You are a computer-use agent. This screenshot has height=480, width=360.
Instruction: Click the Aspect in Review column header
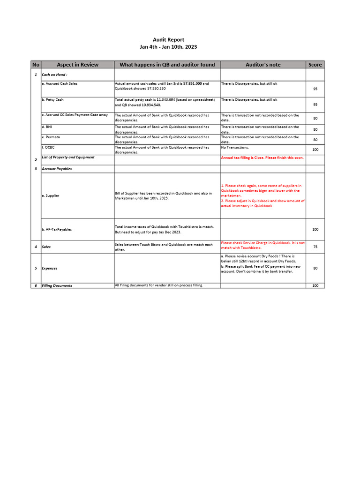pos(77,65)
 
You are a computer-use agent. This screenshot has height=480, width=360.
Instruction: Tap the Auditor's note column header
pos(263,65)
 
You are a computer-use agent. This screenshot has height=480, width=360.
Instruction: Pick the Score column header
pos(315,65)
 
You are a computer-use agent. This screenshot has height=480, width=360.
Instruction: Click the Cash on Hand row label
pos(54,75)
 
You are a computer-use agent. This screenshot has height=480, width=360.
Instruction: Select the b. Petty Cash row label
pos(52,100)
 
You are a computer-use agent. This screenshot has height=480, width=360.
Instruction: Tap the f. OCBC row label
pos(48,148)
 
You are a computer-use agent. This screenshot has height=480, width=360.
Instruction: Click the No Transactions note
pos(235,148)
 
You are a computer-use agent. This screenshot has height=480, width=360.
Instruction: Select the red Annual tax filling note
pos(262,158)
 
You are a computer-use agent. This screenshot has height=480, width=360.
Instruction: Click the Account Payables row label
pos(57,169)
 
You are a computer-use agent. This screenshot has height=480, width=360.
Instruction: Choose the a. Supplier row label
pos(51,195)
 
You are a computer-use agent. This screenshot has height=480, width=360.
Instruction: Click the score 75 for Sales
pos(315,247)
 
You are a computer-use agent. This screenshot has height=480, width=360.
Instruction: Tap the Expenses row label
pos(50,269)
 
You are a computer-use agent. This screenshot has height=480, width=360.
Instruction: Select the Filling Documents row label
pos(57,285)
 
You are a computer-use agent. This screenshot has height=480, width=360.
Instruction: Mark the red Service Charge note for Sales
pos(262,245)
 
